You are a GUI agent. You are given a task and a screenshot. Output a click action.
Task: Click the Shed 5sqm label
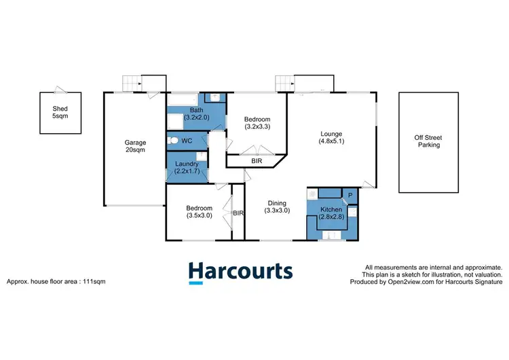tap(61, 112)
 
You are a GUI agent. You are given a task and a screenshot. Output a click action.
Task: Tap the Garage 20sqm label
tap(135, 147)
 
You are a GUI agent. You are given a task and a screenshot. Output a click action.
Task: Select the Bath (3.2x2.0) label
tap(197, 113)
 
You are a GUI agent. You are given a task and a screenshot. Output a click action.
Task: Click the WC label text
tap(187, 141)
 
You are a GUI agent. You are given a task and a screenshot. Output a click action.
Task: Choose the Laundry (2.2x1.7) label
tap(187, 168)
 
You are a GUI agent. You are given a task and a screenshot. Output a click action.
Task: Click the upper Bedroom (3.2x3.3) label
tap(257, 124)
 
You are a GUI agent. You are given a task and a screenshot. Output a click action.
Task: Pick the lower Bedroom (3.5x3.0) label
tap(199, 213)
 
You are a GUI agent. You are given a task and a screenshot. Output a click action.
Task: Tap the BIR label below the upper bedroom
tap(257, 161)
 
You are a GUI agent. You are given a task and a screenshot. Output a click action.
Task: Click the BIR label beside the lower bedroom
tap(238, 213)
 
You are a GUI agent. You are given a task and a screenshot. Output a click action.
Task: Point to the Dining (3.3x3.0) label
tap(277, 206)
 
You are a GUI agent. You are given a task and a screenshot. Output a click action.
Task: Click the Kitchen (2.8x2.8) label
tap(331, 214)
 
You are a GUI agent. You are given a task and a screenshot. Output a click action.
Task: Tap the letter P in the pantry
tap(350, 195)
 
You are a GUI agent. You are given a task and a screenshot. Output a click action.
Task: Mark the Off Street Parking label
tap(428, 141)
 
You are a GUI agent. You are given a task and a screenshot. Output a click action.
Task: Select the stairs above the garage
tap(132, 83)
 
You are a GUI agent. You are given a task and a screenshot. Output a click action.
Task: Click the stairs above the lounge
tap(284, 83)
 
